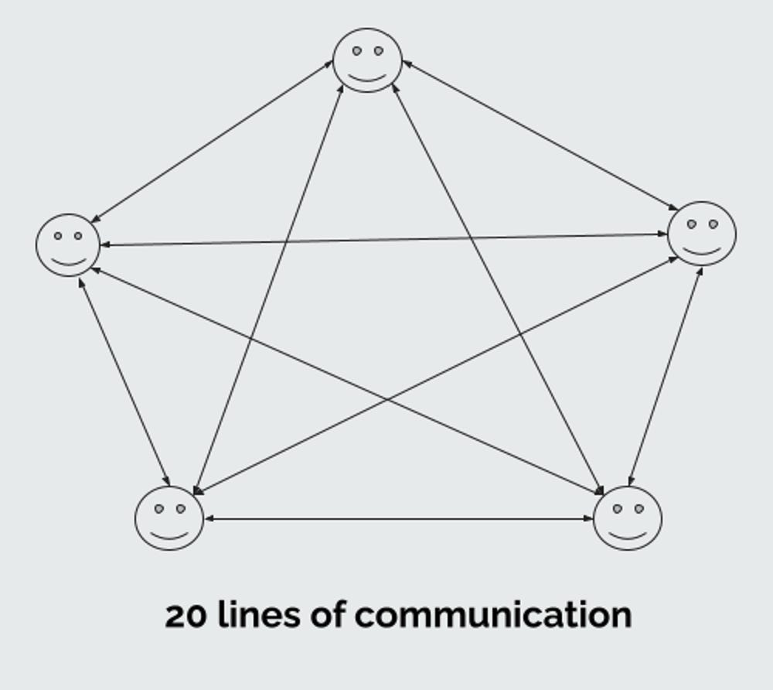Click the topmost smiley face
tap(367, 60)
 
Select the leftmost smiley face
tap(68, 245)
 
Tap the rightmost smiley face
tap(702, 234)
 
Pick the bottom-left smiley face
tap(169, 518)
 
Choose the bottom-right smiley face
tap(628, 518)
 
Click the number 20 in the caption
tap(186, 616)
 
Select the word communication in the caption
tap(493, 616)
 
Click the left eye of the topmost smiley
tap(357, 51)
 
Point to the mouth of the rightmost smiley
tap(702, 250)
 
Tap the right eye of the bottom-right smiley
tap(638, 508)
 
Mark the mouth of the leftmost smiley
tap(68, 261)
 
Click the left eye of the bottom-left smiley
tap(159, 509)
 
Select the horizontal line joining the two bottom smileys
tap(398, 519)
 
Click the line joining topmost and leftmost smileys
tap(211, 142)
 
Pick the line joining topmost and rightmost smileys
tap(540, 135)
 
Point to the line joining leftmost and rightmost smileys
tap(384, 240)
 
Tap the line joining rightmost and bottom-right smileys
tap(666, 376)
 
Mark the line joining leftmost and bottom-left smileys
tap(124, 381)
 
